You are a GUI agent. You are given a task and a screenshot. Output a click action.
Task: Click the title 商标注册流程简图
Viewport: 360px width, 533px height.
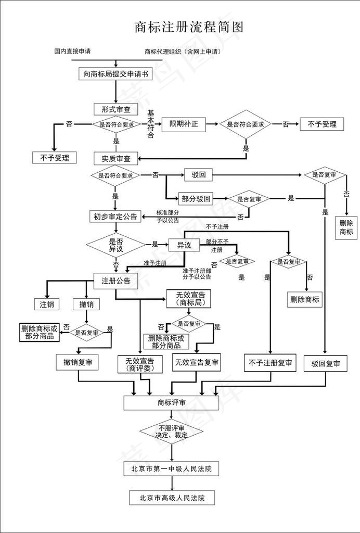pos(189,27)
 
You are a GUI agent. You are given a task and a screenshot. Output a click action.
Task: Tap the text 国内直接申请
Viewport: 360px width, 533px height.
pos(72,52)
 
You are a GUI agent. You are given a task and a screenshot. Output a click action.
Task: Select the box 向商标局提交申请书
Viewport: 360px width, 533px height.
pos(115,74)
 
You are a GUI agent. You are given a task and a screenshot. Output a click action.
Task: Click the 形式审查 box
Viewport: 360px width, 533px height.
pos(115,109)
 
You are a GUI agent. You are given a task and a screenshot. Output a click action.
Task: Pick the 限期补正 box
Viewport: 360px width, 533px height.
pos(184,124)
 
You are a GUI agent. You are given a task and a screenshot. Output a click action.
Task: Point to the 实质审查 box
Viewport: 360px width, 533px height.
pos(115,158)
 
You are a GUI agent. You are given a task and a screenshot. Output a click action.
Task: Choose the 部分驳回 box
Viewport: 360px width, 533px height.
pos(196,199)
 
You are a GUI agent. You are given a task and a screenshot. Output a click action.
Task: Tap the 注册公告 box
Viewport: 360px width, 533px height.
pos(115,281)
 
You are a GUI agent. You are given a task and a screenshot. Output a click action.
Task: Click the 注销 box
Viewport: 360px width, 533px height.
pos(47,304)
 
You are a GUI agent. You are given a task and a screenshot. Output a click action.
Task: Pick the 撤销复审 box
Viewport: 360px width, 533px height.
pos(78,362)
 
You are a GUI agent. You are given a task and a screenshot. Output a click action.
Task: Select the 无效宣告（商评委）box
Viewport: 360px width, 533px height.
pos(139,364)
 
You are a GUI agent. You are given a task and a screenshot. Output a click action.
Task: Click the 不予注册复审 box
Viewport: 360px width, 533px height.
pos(271,363)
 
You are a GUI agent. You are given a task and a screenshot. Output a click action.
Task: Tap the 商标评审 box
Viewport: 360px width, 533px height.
pos(171,403)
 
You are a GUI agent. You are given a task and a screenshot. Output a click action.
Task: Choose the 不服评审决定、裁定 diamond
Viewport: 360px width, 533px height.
pos(171,431)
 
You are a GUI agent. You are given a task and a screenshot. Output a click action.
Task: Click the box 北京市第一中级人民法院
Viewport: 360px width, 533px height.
pos(171,469)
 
